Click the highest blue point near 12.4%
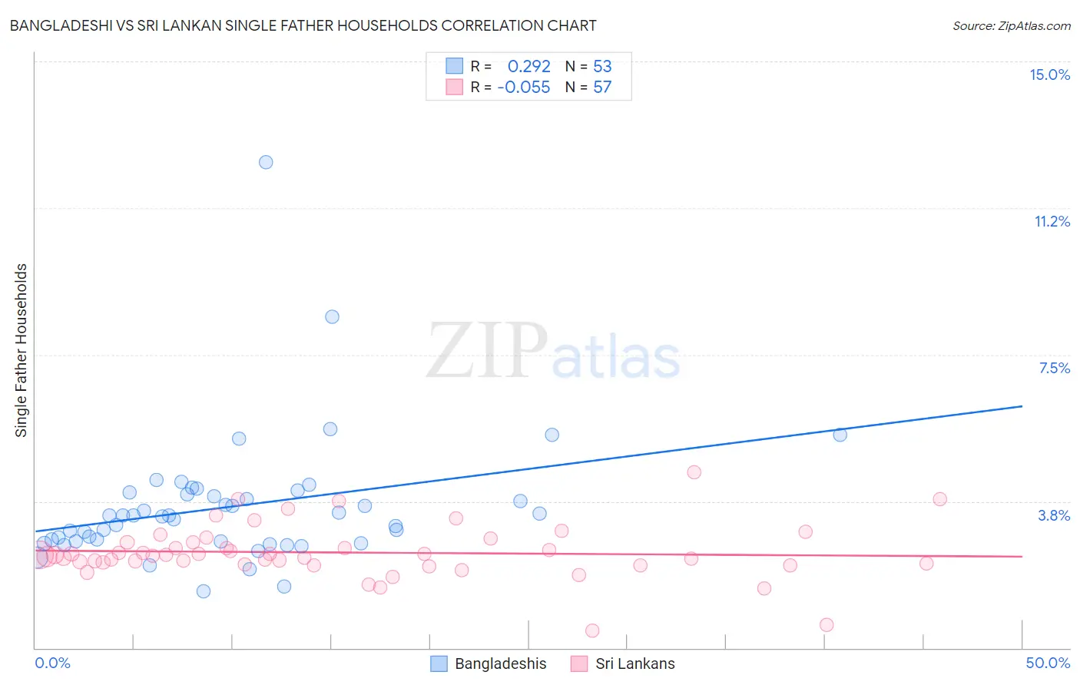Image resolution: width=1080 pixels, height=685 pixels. (266, 162)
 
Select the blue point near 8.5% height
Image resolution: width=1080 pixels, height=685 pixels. (332, 316)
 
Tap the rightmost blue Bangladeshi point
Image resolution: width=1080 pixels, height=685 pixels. (840, 435)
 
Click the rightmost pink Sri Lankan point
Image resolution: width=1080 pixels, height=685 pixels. (939, 499)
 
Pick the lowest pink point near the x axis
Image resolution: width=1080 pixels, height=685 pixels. (592, 630)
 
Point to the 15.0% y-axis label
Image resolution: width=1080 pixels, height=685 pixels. (1049, 74)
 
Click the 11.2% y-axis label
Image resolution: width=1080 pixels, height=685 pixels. (1052, 221)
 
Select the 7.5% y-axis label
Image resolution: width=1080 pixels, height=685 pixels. (1054, 368)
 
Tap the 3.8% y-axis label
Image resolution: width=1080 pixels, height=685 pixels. (1054, 515)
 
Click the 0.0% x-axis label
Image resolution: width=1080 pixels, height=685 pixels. (52, 663)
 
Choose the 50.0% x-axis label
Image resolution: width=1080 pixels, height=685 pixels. (1047, 663)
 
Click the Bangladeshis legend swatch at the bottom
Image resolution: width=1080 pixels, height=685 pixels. (439, 663)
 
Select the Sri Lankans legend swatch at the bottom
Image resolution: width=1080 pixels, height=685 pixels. (579, 663)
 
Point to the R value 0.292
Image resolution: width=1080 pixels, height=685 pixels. (528, 67)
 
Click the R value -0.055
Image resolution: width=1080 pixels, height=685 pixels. (524, 88)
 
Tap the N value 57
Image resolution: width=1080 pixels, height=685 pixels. (602, 88)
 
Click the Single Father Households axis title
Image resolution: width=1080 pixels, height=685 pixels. (22, 350)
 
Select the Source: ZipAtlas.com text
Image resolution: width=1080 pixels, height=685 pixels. (1011, 26)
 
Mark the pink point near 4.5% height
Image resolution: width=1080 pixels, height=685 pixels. (694, 472)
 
